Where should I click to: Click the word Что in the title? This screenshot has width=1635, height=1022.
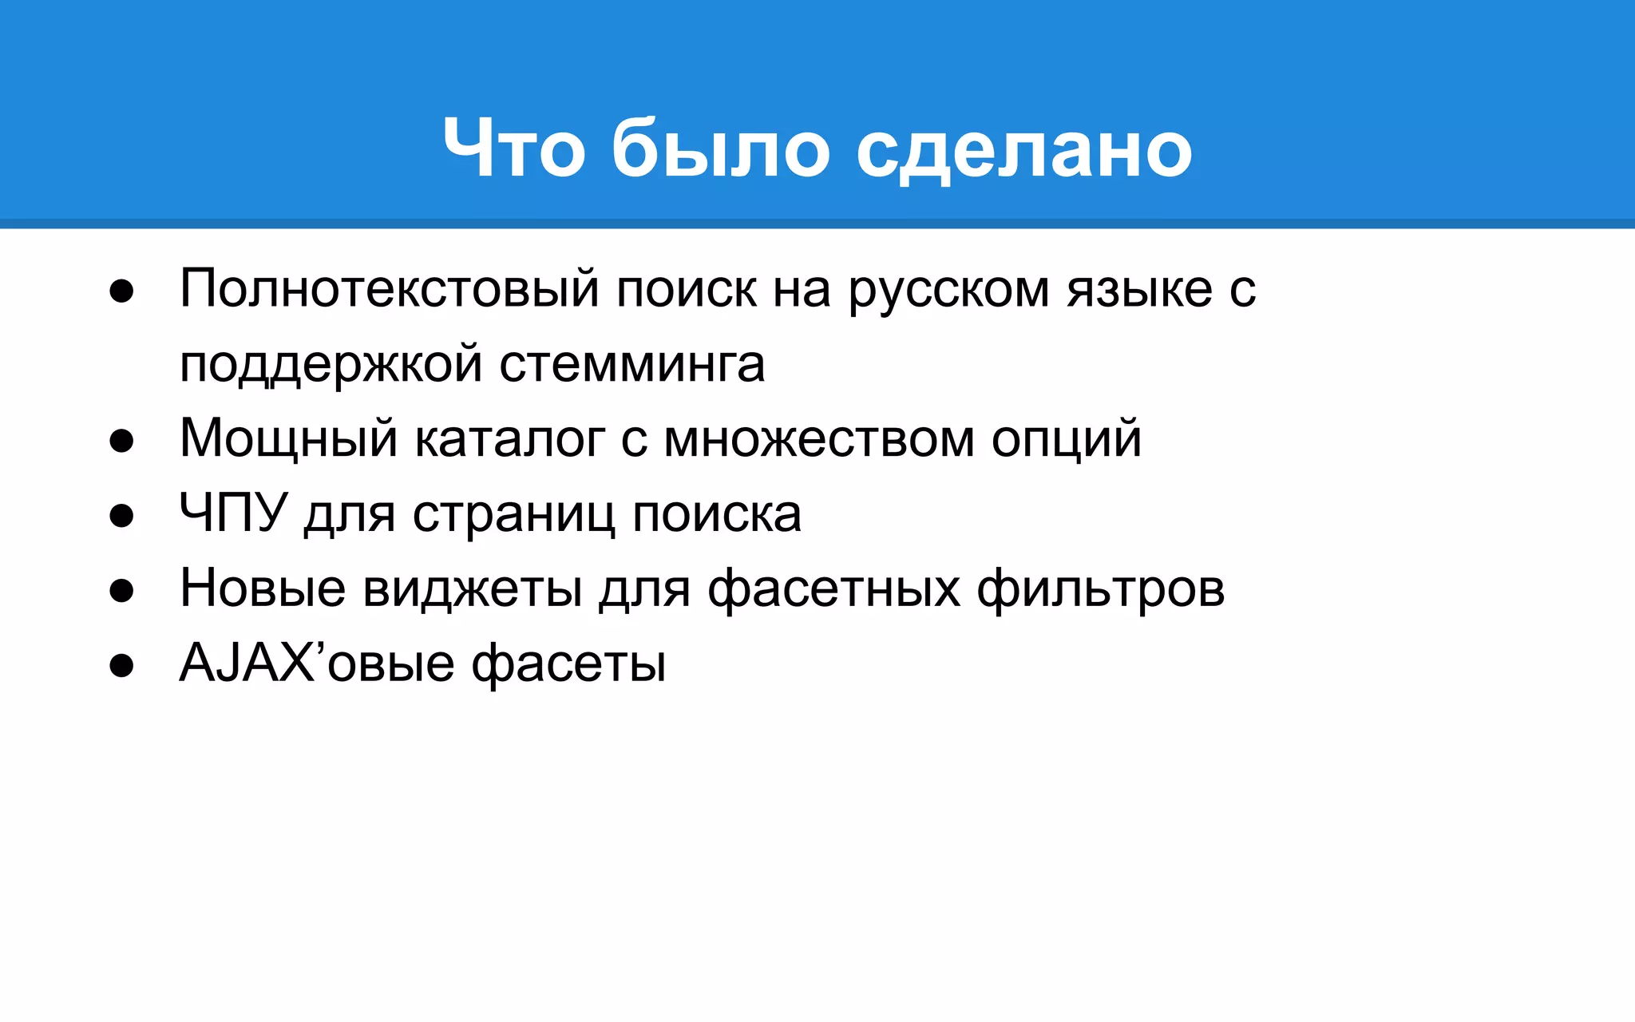pyautogui.click(x=514, y=149)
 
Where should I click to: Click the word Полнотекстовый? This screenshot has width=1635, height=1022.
pyautogui.click(x=389, y=288)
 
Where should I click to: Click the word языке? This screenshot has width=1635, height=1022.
pyautogui.click(x=1139, y=288)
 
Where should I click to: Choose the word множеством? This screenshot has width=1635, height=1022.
pyautogui.click(x=818, y=438)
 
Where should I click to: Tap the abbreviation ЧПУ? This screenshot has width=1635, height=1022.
pyautogui.click(x=232, y=513)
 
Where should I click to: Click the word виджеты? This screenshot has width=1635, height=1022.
pyautogui.click(x=472, y=589)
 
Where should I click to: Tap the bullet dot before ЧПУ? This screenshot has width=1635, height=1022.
pyautogui.click(x=121, y=516)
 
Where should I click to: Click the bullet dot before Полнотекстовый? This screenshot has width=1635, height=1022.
pyautogui.click(x=121, y=291)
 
